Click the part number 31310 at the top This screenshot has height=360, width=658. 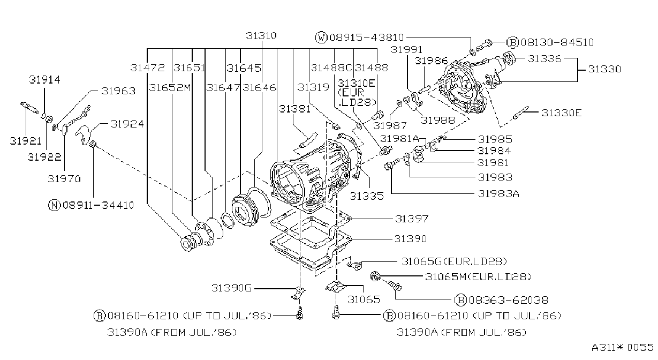(261, 36)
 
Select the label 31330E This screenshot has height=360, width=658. (561, 113)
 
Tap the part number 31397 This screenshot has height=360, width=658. (412, 219)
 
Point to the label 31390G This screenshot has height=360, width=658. (231, 288)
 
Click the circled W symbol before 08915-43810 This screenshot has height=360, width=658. (321, 37)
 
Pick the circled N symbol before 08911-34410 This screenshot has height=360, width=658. (54, 205)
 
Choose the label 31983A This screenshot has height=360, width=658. (498, 194)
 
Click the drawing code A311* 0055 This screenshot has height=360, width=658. (622, 348)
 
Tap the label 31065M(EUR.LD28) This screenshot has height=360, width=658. (478, 277)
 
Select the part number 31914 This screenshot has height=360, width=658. (44, 80)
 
